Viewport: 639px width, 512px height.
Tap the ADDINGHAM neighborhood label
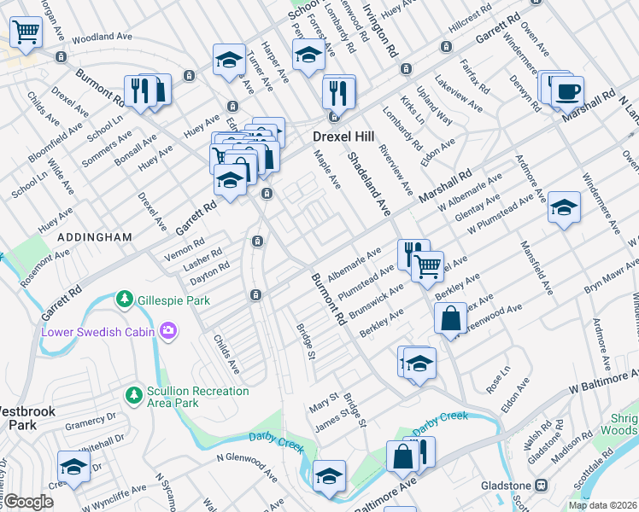point(94,236)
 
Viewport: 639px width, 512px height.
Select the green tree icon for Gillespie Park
point(126,300)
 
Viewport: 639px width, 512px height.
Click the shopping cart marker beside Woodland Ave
point(26,32)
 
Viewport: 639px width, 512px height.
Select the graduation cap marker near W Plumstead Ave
point(564,207)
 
